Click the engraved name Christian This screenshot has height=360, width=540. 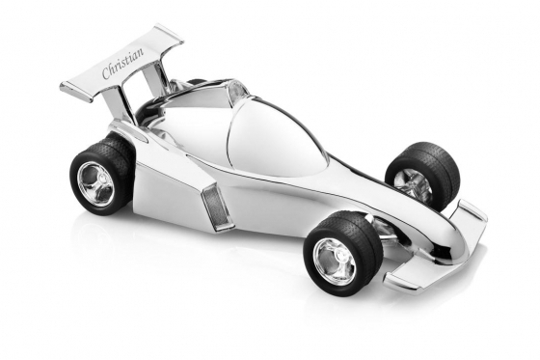(x=122, y=63)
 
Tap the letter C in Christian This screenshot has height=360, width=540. (x=106, y=75)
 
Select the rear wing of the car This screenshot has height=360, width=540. (x=121, y=66)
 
